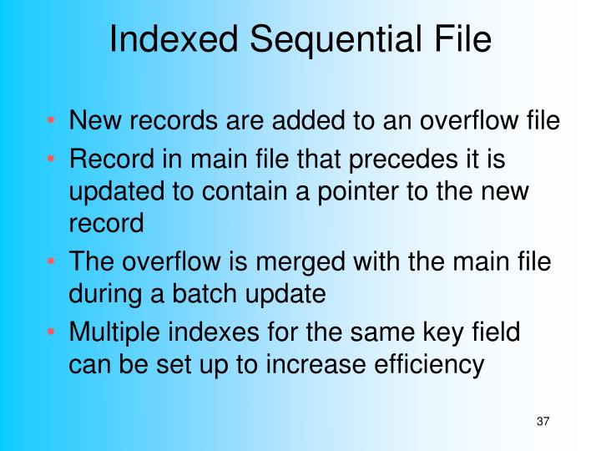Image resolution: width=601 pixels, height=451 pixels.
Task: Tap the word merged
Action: [x=294, y=261]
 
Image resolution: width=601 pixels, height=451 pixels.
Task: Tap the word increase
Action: [x=300, y=365]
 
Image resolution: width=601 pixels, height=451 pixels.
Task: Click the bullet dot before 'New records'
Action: [x=52, y=124]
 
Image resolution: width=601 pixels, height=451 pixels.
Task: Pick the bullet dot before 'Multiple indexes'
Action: [x=52, y=332]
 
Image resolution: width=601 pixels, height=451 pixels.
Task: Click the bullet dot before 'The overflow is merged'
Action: [x=52, y=262]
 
